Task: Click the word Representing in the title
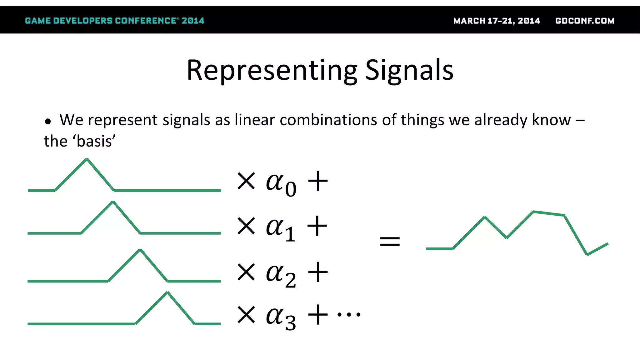(272, 70)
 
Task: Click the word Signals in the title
(409, 70)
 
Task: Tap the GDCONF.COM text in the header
(585, 21)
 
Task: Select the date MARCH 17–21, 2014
(497, 21)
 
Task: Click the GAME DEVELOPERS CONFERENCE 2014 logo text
(114, 21)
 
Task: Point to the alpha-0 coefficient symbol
(280, 184)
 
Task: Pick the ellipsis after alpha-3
(349, 314)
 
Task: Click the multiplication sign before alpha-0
(246, 181)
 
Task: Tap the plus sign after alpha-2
(318, 272)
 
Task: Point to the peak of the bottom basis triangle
(167, 292)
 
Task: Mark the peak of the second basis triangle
(113, 202)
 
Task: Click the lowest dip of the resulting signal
(587, 255)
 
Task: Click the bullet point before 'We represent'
(47, 121)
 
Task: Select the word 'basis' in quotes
(94, 142)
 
